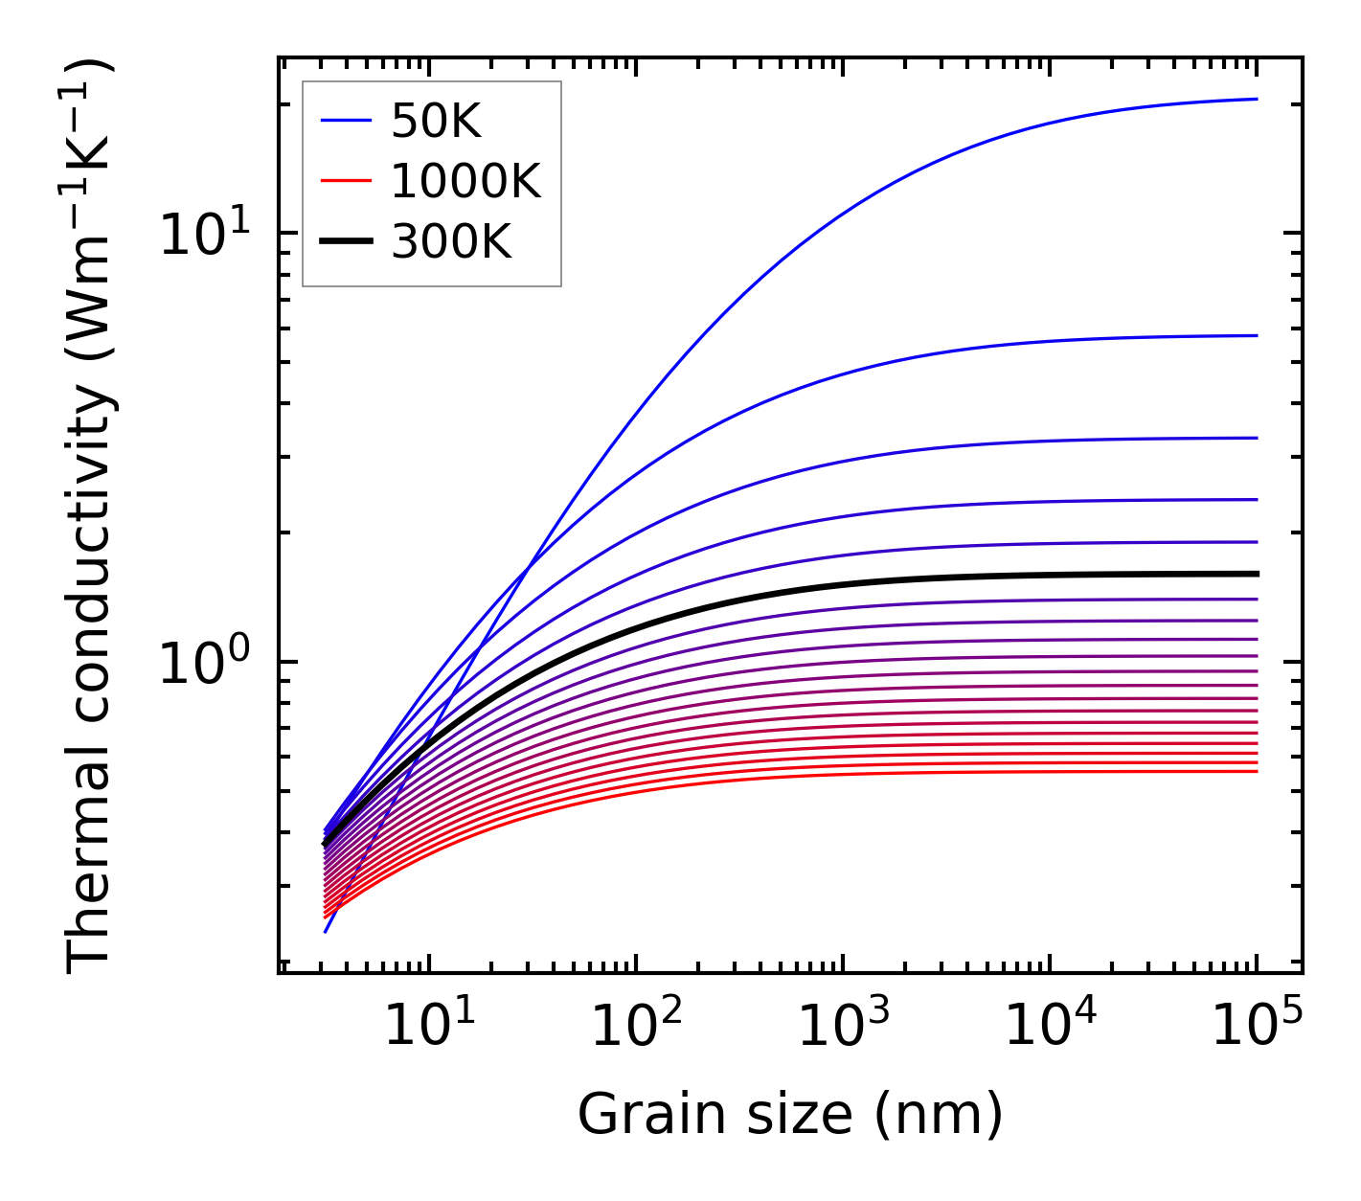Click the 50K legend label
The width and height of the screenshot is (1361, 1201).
tap(436, 122)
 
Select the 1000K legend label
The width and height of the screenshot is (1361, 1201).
tap(465, 181)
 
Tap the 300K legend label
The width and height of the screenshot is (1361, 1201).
tap(451, 242)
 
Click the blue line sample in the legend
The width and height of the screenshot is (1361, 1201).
tap(345, 121)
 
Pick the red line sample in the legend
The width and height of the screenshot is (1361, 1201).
tap(345, 181)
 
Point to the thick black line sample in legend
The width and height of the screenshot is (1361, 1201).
tap(345, 241)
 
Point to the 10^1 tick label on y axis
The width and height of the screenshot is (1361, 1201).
tap(204, 235)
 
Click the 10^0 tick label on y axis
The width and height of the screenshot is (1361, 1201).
tap(204, 663)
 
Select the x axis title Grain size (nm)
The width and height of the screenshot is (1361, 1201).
tap(790, 1115)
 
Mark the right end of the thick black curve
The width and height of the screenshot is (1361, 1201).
tap(1256, 574)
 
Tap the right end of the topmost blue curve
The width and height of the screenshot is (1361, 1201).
tap(1256, 99)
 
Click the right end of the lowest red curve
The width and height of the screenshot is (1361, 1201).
tap(1256, 771)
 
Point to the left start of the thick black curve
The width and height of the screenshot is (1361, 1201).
tap(325, 845)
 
